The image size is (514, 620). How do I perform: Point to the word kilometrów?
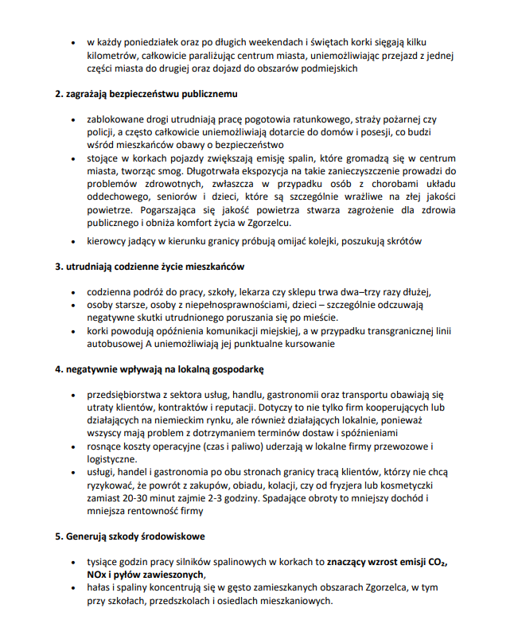pyautogui.click(x=113, y=55)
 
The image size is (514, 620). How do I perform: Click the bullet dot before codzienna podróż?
pyautogui.click(x=76, y=291)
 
